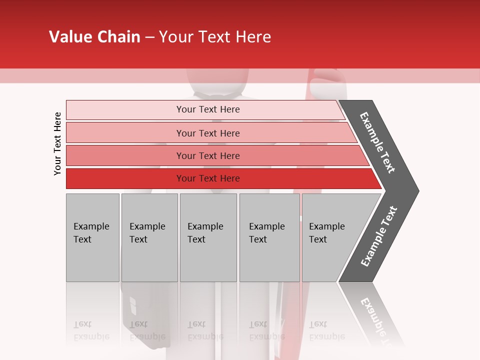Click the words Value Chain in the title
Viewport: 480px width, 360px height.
(x=94, y=37)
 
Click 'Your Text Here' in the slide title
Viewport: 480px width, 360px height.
(x=215, y=37)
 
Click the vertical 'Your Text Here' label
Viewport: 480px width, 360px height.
(x=57, y=143)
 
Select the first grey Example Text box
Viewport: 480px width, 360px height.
(x=92, y=237)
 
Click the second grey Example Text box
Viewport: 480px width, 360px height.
(x=149, y=237)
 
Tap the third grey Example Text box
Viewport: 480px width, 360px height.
(x=208, y=237)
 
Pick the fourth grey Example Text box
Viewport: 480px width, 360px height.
(x=269, y=237)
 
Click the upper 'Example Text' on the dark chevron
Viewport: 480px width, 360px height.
(x=377, y=142)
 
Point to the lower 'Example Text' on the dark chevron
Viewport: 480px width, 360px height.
(x=379, y=236)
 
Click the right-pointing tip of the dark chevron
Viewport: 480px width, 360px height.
(x=415, y=190)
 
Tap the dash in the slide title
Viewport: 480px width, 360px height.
(x=149, y=37)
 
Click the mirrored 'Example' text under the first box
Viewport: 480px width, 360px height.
(x=91, y=336)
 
